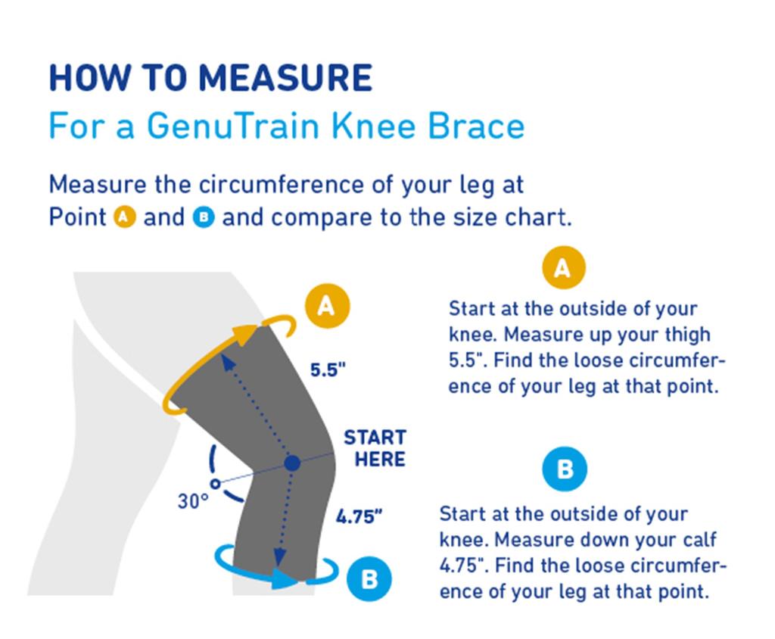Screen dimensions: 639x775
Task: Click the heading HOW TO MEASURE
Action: tap(210, 79)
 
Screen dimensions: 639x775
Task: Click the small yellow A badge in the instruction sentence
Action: tap(125, 218)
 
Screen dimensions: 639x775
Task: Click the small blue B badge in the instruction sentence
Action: tap(204, 218)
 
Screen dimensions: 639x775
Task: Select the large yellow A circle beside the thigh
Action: tap(326, 306)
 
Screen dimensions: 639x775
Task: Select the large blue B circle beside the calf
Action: tap(369, 579)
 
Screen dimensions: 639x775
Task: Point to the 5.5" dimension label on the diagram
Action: tap(328, 370)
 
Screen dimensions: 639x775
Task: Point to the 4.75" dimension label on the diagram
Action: tap(359, 518)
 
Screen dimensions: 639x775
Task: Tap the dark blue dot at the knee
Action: tap(293, 462)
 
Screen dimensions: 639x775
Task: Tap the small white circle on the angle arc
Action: tap(216, 482)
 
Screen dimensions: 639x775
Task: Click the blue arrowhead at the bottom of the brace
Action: tap(285, 579)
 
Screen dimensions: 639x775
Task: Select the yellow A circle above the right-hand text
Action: tap(563, 268)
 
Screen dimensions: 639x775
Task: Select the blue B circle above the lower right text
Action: tap(565, 469)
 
